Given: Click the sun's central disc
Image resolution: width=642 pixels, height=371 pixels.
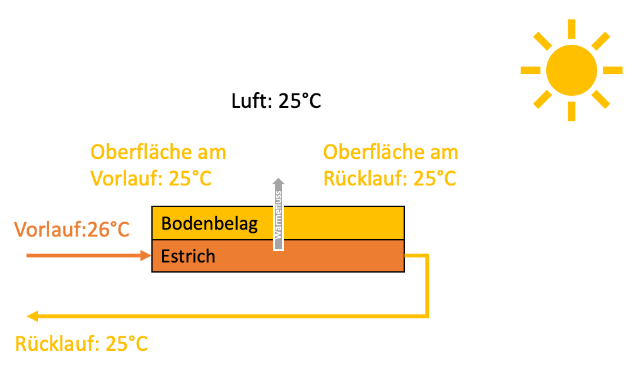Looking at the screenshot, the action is (x=571, y=70).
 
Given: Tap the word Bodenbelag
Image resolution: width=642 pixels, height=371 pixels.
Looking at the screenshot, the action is (x=209, y=224).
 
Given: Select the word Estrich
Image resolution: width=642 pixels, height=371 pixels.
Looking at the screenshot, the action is (x=188, y=256).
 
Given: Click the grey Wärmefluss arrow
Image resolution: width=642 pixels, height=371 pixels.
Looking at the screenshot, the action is (x=278, y=215).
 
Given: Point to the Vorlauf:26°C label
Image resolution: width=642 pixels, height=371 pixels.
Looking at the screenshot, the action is (x=72, y=229).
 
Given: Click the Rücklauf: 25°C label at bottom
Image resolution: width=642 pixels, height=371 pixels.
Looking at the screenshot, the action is (x=81, y=344).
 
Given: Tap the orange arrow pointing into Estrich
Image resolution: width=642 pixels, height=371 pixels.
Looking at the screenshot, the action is (x=88, y=256).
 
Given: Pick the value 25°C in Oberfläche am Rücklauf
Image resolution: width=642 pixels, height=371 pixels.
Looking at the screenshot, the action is (x=435, y=179).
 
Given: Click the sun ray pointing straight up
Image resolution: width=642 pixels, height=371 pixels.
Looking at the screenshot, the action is (x=571, y=29).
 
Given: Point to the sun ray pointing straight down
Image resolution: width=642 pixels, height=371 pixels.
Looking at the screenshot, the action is (x=571, y=111).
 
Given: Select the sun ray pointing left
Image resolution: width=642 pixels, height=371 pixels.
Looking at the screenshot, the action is (x=530, y=70).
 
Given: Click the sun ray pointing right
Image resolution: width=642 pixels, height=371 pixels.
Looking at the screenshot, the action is (x=612, y=70).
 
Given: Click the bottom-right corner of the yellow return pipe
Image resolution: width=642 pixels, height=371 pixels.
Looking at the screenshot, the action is (x=428, y=316).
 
